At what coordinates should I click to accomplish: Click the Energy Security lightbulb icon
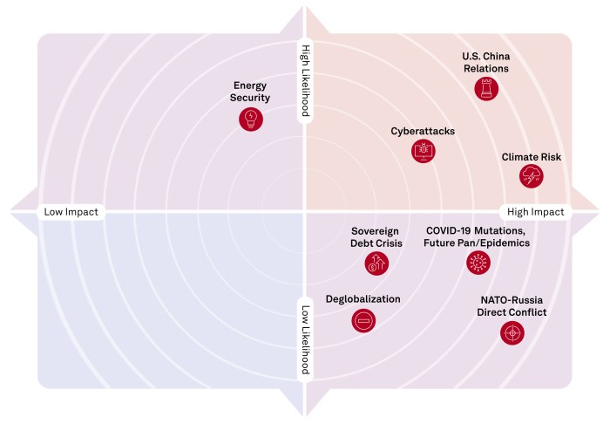(x=251, y=119)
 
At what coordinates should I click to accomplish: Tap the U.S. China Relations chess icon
(x=486, y=88)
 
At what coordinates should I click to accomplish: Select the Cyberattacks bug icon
(x=423, y=152)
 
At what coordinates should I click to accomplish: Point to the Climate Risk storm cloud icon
(x=530, y=177)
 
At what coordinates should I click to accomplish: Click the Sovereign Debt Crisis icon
(x=376, y=262)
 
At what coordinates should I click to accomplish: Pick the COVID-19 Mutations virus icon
(x=477, y=262)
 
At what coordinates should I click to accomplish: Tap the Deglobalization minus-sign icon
(x=363, y=320)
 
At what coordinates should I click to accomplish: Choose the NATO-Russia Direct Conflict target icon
(x=512, y=332)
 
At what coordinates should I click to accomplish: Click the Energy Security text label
(x=251, y=92)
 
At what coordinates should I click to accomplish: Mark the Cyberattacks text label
(x=423, y=132)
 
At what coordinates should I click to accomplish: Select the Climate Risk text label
(x=531, y=157)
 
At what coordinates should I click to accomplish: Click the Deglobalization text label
(x=363, y=299)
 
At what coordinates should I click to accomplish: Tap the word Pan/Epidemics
(x=495, y=243)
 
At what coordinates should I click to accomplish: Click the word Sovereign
(x=376, y=230)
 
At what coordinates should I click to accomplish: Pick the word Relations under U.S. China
(x=486, y=68)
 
